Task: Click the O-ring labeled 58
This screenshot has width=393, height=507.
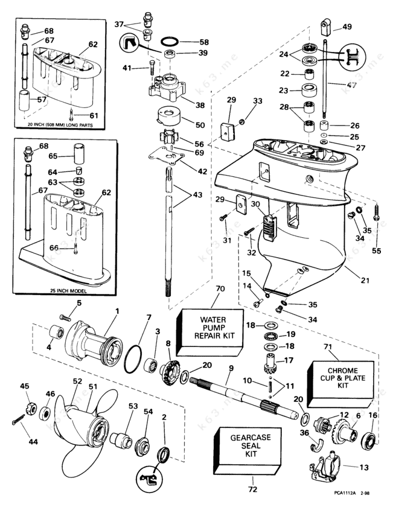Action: click(171, 43)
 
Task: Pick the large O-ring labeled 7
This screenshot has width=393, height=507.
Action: click(134, 359)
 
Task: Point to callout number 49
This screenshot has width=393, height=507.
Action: click(347, 26)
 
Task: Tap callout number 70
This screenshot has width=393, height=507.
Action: click(219, 290)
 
